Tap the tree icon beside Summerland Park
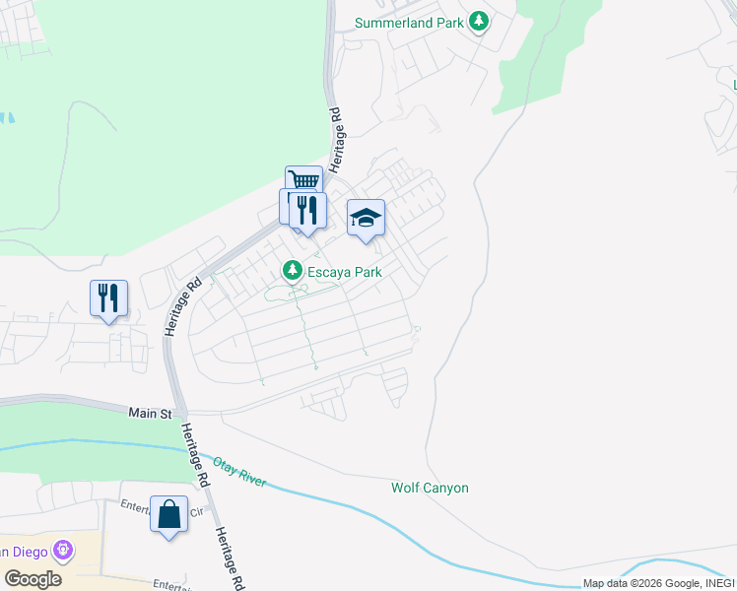click(479, 21)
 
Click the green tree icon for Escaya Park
click(292, 269)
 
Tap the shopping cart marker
click(304, 182)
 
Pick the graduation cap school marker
click(366, 218)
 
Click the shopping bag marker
click(168, 514)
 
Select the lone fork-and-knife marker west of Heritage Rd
click(108, 298)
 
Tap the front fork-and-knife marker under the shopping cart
click(308, 211)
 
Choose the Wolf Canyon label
click(430, 488)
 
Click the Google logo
click(33, 578)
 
